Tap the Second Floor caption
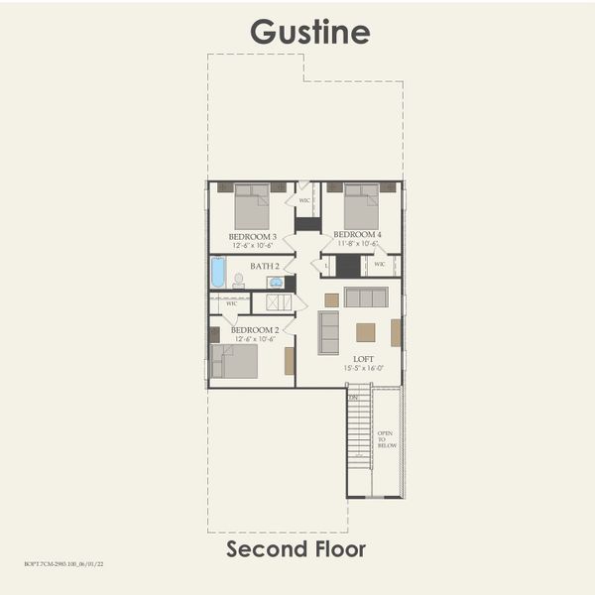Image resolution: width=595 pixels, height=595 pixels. [296, 548]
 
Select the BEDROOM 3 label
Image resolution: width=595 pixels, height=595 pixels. [252, 236]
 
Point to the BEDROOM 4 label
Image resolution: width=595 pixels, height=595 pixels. [357, 234]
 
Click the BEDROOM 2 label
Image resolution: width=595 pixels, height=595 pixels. [254, 329]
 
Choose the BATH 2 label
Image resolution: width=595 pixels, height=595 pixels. [265, 266]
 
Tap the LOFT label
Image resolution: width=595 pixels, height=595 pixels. [363, 358]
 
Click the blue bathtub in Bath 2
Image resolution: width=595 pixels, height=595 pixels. [218, 272]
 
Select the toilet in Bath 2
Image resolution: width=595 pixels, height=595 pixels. [239, 281]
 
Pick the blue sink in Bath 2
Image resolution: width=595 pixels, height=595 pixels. [275, 282]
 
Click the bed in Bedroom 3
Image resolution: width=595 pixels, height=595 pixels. [252, 206]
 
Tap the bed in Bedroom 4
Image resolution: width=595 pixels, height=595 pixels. [361, 206]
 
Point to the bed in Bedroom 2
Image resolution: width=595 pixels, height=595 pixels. [235, 361]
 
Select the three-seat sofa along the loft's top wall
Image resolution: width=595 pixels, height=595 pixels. [366, 297]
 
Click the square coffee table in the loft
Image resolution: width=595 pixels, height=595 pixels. [366, 332]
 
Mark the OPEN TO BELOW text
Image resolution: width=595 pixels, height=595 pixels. [387, 439]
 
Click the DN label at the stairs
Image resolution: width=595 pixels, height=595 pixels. [352, 397]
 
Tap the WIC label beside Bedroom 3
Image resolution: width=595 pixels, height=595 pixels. [305, 200]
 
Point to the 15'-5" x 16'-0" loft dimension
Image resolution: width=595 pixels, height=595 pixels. [363, 368]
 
